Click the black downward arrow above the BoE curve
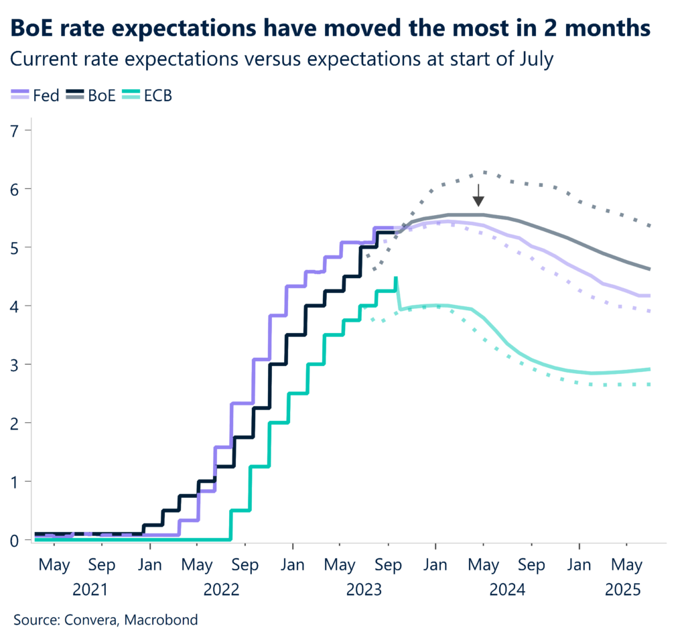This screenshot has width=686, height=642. (478, 195)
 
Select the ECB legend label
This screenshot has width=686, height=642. (157, 96)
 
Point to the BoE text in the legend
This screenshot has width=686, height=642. (101, 96)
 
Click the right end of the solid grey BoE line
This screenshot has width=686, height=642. (650, 269)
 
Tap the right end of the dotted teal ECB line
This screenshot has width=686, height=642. (650, 385)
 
